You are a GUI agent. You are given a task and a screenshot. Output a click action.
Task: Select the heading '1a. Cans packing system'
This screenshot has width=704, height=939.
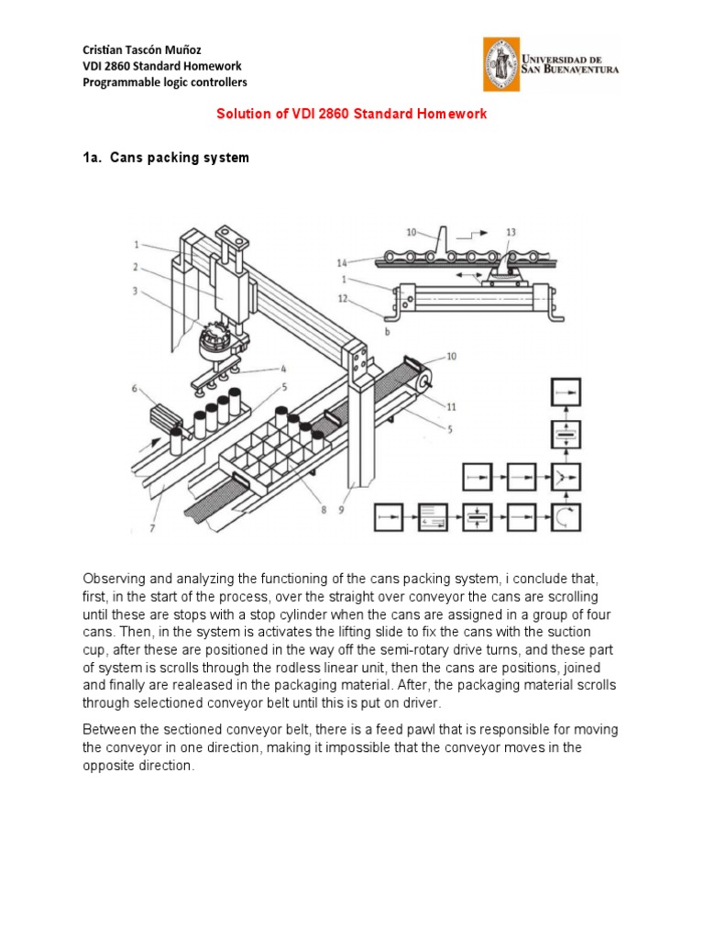166,158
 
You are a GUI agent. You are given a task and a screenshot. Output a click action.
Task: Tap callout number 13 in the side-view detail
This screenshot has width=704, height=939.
511,232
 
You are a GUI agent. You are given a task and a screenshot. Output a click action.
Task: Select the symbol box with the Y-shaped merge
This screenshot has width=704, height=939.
565,477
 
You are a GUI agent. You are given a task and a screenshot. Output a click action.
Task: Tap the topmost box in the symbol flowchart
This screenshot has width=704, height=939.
565,392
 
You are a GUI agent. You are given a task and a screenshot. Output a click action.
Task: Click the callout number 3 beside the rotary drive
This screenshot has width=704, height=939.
135,293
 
